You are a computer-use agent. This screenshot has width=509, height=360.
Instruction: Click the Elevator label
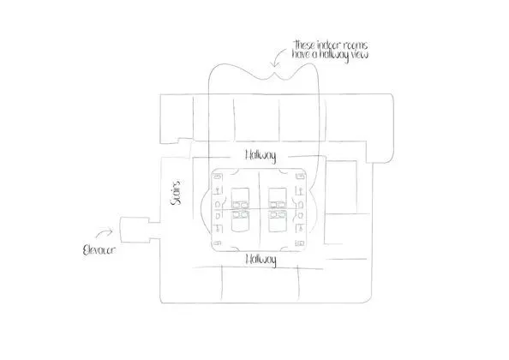click(99, 250)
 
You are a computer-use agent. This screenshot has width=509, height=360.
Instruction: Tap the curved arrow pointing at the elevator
click(104, 232)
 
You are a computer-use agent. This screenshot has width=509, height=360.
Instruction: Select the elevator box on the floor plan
click(135, 230)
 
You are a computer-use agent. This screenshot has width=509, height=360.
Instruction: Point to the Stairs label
click(177, 193)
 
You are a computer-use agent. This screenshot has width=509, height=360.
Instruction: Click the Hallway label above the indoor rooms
click(260, 155)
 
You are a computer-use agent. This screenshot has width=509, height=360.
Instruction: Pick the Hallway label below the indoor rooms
click(261, 260)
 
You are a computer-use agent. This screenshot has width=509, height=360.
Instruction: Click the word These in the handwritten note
click(304, 45)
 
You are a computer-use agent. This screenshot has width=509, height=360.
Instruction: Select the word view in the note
click(359, 54)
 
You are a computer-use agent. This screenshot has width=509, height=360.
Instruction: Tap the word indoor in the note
click(329, 45)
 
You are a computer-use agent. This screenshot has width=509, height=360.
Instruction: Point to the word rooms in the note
click(356, 45)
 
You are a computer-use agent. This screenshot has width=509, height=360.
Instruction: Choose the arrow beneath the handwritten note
click(278, 57)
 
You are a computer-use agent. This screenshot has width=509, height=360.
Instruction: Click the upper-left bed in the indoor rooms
click(240, 198)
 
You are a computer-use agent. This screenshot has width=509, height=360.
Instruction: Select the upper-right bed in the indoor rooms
click(278, 198)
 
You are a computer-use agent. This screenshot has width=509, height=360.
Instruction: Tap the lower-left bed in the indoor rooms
click(240, 221)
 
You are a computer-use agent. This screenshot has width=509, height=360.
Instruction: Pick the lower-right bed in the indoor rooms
click(278, 221)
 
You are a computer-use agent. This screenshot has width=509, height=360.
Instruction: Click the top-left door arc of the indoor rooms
click(236, 171)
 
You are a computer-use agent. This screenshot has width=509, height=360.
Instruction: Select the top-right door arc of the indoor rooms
click(283, 171)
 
